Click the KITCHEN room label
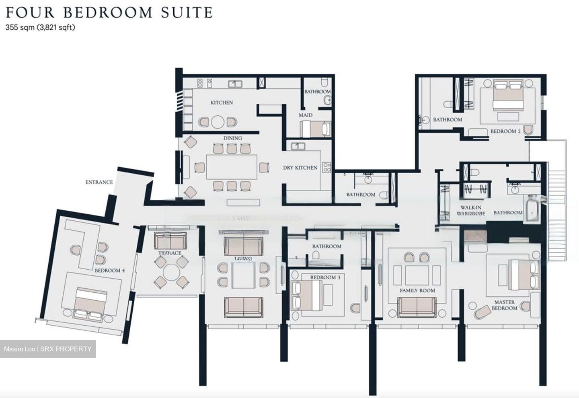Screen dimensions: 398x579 pyautogui.click(x=222, y=103)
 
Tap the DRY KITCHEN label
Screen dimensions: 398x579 pyautogui.click(x=300, y=168)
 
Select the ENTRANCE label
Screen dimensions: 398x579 pyautogui.click(x=99, y=182)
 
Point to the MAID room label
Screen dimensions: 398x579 pyautogui.click(x=306, y=115)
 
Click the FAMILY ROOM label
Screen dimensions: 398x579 pyautogui.click(x=417, y=290)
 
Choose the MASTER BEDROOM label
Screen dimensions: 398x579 pyautogui.click(x=504, y=305)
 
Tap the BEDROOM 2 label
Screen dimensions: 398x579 pyautogui.click(x=505, y=131)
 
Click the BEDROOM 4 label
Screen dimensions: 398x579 pyautogui.click(x=110, y=271)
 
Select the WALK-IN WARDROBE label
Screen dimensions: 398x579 pyautogui.click(x=471, y=211)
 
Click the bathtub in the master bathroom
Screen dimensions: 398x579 pyautogui.click(x=532, y=208)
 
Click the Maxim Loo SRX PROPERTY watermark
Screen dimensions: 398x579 pyautogui.click(x=48, y=349)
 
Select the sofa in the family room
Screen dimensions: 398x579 pyautogui.click(x=417, y=307)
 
